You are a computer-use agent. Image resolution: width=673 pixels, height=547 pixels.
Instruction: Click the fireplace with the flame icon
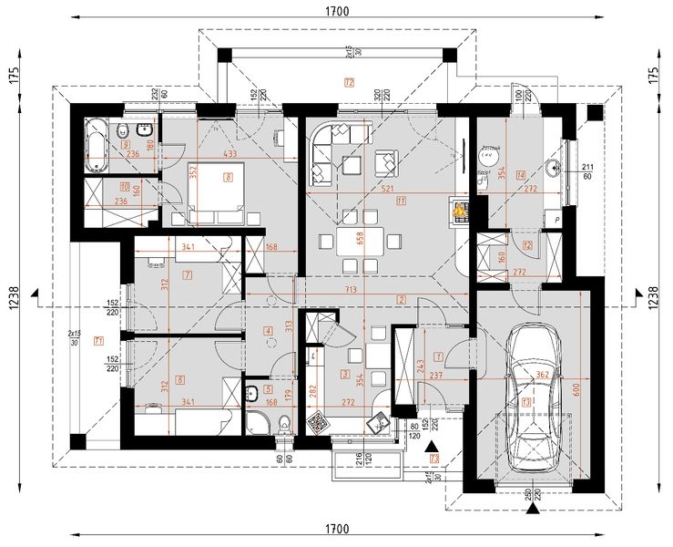click(458, 212)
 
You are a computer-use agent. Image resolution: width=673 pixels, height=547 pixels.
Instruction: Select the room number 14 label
click(521, 175)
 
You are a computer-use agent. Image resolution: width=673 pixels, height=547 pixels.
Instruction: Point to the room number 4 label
click(268, 331)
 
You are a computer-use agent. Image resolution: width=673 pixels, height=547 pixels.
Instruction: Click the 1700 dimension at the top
click(337, 10)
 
